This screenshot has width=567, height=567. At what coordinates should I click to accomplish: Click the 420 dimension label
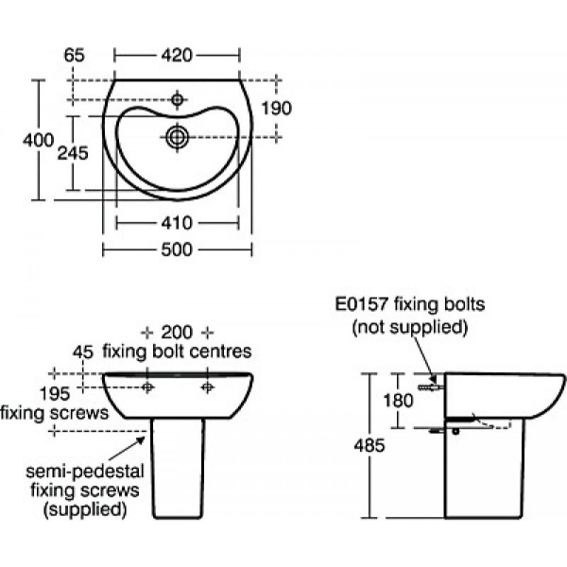177,56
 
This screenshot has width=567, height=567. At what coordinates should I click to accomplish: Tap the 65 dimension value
75,56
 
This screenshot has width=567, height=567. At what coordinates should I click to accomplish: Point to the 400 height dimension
38,140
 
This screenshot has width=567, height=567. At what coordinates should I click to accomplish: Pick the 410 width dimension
177,224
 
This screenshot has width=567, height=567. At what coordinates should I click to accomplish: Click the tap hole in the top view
177,98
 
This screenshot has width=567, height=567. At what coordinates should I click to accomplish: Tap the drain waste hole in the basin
177,136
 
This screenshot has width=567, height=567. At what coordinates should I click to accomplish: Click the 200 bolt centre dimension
177,332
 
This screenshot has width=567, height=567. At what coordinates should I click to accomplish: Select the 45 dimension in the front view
83,352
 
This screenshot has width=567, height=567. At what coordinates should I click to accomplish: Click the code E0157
357,304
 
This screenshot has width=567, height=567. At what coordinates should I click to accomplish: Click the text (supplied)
85,509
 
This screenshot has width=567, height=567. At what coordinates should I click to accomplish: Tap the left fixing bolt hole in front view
147,387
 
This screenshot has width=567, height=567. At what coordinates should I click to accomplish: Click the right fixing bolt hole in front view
207,387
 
